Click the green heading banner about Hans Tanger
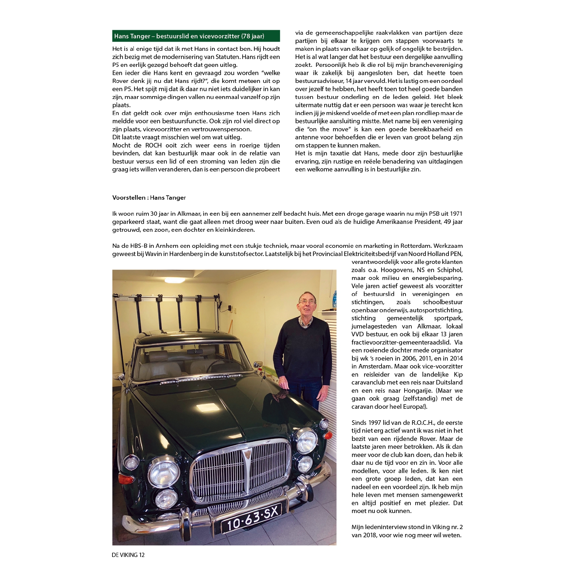pos(196,36)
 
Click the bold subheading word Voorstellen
pos(129,198)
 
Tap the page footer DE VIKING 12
pos(128,555)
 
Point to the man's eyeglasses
pos(307,302)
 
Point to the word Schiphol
pos(450,270)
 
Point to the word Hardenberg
pos(184,254)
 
